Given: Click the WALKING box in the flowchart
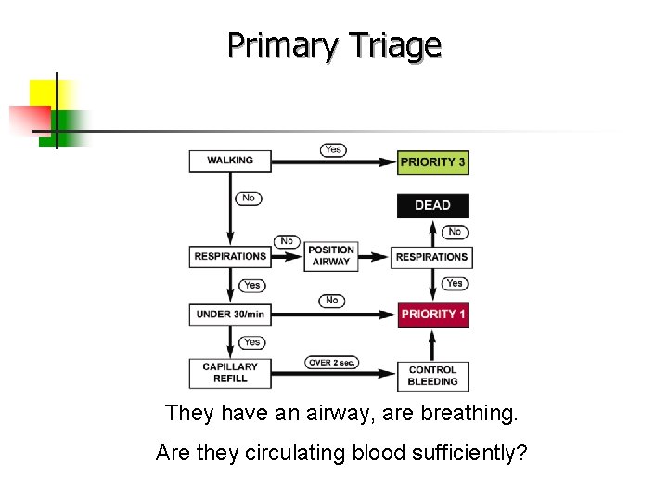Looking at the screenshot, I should (230, 161).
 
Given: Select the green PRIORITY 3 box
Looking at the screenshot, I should (432, 161).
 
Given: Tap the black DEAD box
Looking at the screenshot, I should (432, 205).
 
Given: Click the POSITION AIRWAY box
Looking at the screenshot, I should (331, 256).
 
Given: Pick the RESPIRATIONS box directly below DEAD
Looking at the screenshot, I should (432, 256).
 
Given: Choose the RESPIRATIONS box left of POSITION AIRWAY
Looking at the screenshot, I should (230, 256).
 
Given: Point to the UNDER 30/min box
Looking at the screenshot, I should (230, 315).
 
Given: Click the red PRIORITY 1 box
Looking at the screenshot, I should (432, 315).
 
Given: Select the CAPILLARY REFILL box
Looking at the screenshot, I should (230, 372).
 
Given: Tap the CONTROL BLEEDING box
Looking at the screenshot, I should (432, 375).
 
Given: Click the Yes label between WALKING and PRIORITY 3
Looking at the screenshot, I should (333, 149).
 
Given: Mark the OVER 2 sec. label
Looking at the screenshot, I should (331, 362).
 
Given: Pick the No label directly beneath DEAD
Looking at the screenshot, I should (454, 232).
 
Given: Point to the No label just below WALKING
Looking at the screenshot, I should (249, 198).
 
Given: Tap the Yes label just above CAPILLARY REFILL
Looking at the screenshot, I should (251, 342).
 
